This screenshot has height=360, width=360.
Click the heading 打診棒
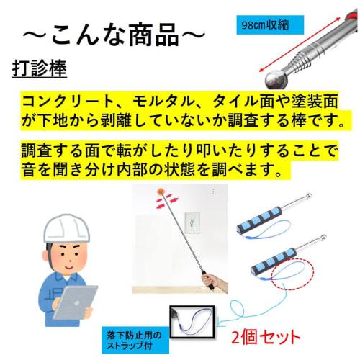[40, 69]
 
